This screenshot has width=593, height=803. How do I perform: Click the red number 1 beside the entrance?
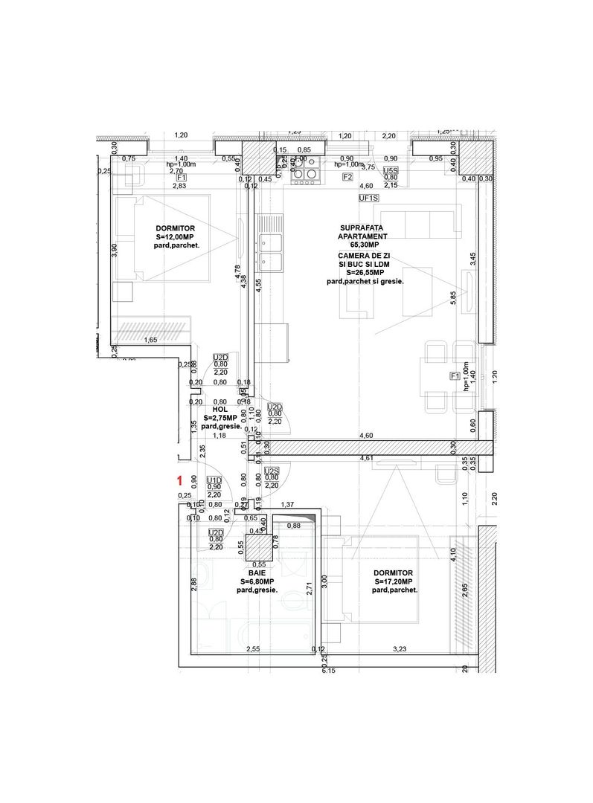tap(179, 480)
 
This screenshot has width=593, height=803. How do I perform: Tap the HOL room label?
tap(219, 409)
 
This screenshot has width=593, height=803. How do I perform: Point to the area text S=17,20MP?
tap(394, 581)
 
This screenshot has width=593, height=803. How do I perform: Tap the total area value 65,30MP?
tap(362, 244)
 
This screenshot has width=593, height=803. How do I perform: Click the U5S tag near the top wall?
tap(391, 171)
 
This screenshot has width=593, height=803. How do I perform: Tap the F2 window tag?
tap(347, 178)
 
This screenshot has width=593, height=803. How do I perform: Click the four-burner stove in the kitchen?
tap(304, 172)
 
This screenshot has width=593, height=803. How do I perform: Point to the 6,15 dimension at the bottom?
tap(328, 671)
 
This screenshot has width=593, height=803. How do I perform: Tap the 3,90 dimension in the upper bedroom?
tap(114, 251)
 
